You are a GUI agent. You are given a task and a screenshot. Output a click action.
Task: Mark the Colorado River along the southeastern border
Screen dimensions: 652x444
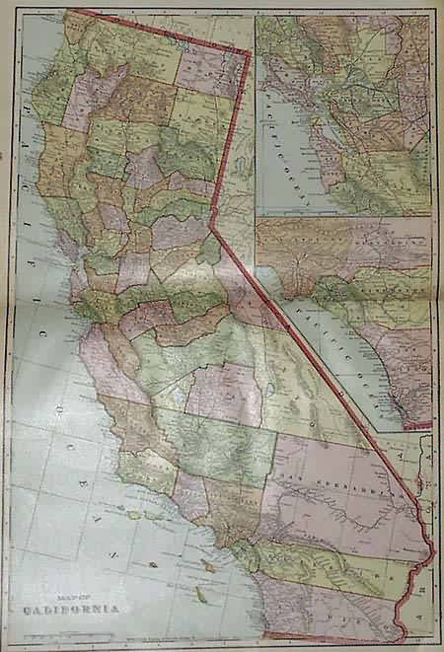(x=425, y=552)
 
